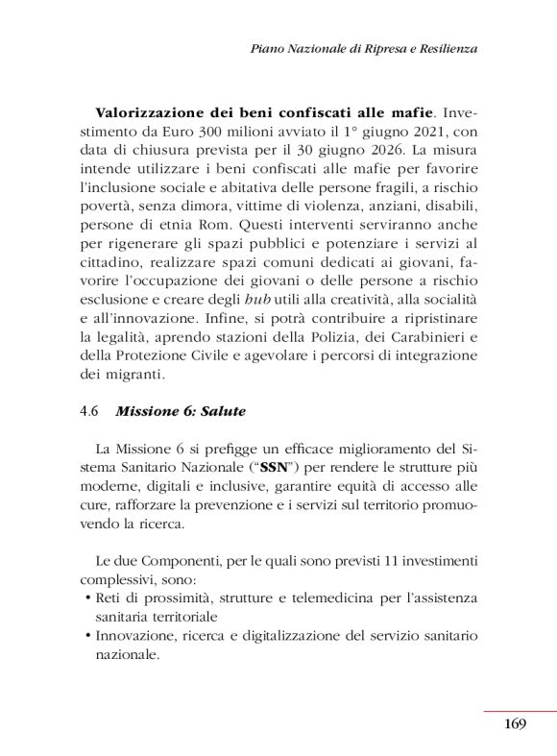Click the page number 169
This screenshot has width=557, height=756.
click(x=515, y=723)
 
